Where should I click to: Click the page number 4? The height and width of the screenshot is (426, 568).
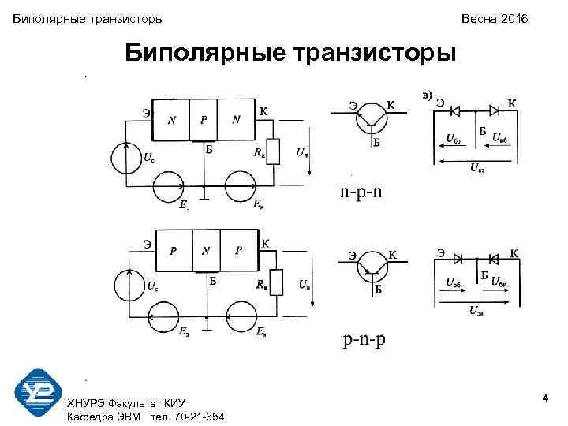click(x=545, y=402)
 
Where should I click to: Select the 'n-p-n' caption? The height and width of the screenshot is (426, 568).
click(x=361, y=192)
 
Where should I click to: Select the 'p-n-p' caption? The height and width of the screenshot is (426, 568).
click(x=364, y=341)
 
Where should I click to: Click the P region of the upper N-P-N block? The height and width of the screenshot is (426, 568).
click(x=204, y=120)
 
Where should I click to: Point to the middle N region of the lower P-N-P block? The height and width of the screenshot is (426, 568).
click(x=206, y=251)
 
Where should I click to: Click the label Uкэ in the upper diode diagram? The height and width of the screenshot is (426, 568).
click(x=478, y=166)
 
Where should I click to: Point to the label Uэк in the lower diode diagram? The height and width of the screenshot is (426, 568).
click(x=477, y=311)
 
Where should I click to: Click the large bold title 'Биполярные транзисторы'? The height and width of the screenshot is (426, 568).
click(x=291, y=54)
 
